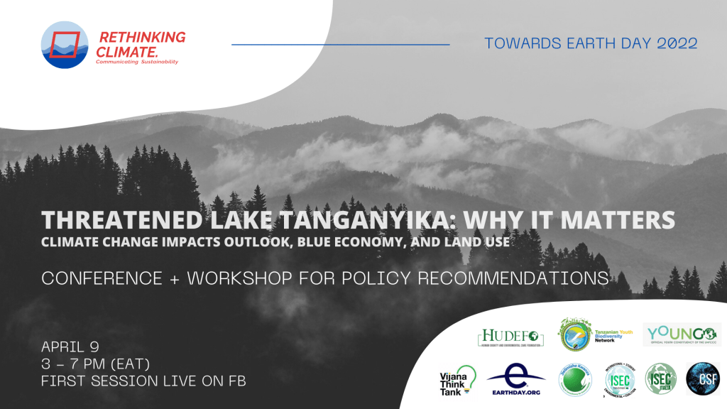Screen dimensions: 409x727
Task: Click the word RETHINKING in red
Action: pyautogui.click(x=142, y=37)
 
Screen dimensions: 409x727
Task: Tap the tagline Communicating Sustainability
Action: pyautogui.click(x=137, y=62)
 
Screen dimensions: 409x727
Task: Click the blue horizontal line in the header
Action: pyautogui.click(x=341, y=44)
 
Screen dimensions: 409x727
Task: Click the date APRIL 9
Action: pyautogui.click(x=70, y=347)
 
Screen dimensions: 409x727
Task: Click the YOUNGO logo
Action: pyautogui.click(x=680, y=334)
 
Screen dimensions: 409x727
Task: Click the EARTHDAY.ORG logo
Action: pyautogui.click(x=515, y=379)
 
